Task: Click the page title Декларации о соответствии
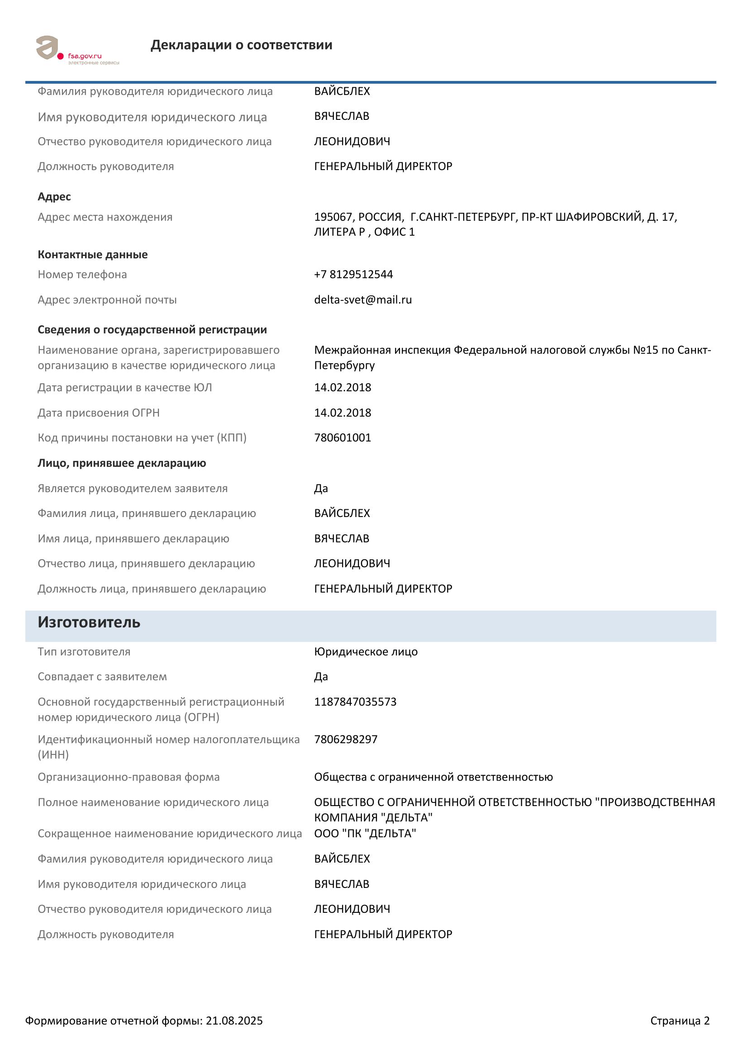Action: pyautogui.click(x=241, y=45)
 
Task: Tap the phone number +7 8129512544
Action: pyautogui.click(x=353, y=274)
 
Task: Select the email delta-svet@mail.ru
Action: pyautogui.click(x=363, y=299)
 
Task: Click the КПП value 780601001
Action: pyautogui.click(x=343, y=437)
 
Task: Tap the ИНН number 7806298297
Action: pyautogui.click(x=346, y=739)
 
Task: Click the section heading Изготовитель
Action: pyautogui.click(x=89, y=622)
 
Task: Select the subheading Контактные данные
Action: pyautogui.click(x=93, y=254)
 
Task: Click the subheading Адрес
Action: pyautogui.click(x=54, y=196)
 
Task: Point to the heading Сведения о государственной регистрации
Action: pyautogui.click(x=152, y=329)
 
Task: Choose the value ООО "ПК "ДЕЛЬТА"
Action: pyautogui.click(x=365, y=833)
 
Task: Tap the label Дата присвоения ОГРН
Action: pyautogui.click(x=99, y=413)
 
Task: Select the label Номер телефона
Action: pyautogui.click(x=82, y=274)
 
